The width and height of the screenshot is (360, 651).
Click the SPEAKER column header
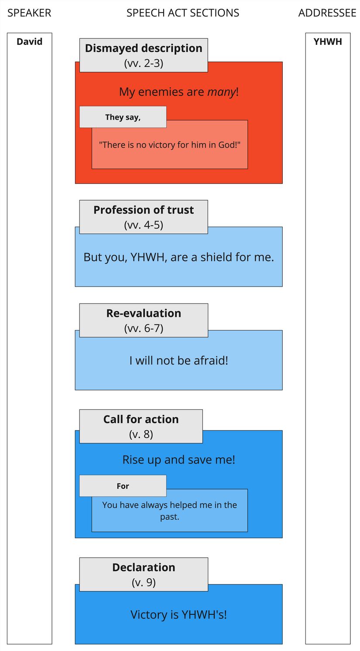(x=29, y=13)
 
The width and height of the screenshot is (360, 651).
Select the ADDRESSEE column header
(x=327, y=13)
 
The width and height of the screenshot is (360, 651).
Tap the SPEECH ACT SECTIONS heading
(x=182, y=13)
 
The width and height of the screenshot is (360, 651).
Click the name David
(x=29, y=42)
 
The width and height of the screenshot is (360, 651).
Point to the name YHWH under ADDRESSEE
(x=328, y=42)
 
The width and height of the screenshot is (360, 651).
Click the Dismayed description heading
(x=144, y=48)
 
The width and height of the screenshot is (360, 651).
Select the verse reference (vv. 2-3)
(x=144, y=63)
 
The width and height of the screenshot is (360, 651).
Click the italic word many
(x=221, y=92)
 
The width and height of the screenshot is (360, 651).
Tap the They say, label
(x=123, y=117)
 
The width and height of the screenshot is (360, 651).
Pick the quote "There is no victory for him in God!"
(x=170, y=145)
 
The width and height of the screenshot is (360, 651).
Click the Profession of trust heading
(x=144, y=210)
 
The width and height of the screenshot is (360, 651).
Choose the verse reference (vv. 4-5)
(x=144, y=225)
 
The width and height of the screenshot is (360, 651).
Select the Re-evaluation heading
(x=144, y=314)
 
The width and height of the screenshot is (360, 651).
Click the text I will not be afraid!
(x=178, y=361)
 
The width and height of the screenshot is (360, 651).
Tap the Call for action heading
(x=141, y=419)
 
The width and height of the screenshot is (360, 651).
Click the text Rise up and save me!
(x=178, y=460)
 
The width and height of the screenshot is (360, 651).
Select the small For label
(x=123, y=486)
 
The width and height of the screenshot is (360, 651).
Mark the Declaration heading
(x=144, y=568)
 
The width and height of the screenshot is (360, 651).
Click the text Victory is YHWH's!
(x=178, y=615)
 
